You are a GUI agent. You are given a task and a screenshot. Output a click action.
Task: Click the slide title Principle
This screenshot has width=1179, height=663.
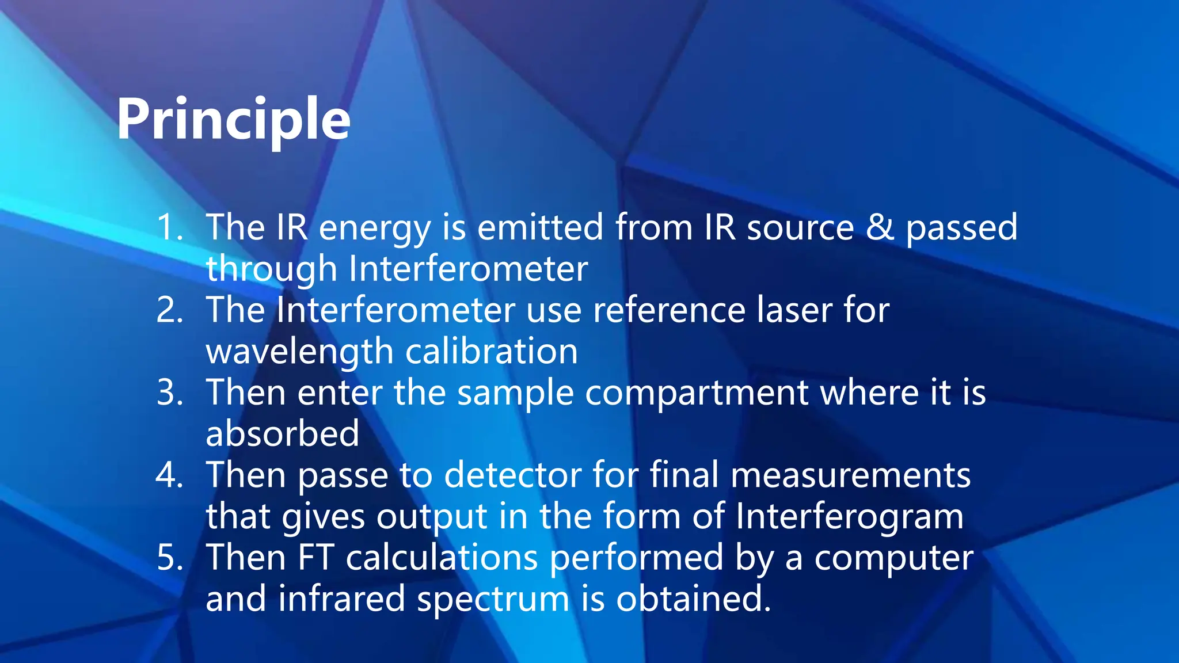233,120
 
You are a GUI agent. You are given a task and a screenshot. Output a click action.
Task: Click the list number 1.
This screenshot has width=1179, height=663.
170,227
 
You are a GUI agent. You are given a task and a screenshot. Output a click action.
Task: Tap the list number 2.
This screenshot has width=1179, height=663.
170,310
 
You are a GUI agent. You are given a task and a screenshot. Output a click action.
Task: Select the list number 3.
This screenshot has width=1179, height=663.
170,393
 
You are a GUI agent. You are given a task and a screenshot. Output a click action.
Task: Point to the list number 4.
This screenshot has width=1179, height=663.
170,475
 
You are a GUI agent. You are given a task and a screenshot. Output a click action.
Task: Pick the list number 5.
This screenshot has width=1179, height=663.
170,558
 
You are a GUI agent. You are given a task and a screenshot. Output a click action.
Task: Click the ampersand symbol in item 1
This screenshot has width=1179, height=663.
880,227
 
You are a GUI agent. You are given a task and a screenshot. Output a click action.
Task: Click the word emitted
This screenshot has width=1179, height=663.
539,227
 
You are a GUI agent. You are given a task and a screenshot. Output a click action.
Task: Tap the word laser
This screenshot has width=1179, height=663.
794,310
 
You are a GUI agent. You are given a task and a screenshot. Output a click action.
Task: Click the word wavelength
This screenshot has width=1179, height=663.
299,352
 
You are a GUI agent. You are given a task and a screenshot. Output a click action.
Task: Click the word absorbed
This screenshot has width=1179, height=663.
282,434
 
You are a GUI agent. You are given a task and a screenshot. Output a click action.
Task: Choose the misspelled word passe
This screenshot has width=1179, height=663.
343,477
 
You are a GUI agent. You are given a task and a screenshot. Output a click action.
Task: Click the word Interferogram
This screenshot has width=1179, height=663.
849,517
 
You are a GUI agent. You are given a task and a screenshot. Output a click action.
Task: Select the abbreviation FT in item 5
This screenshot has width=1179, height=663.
315,558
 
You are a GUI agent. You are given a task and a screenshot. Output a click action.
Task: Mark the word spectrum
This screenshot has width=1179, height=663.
493,600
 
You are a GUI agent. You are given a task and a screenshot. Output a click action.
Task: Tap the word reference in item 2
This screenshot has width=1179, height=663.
668,310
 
